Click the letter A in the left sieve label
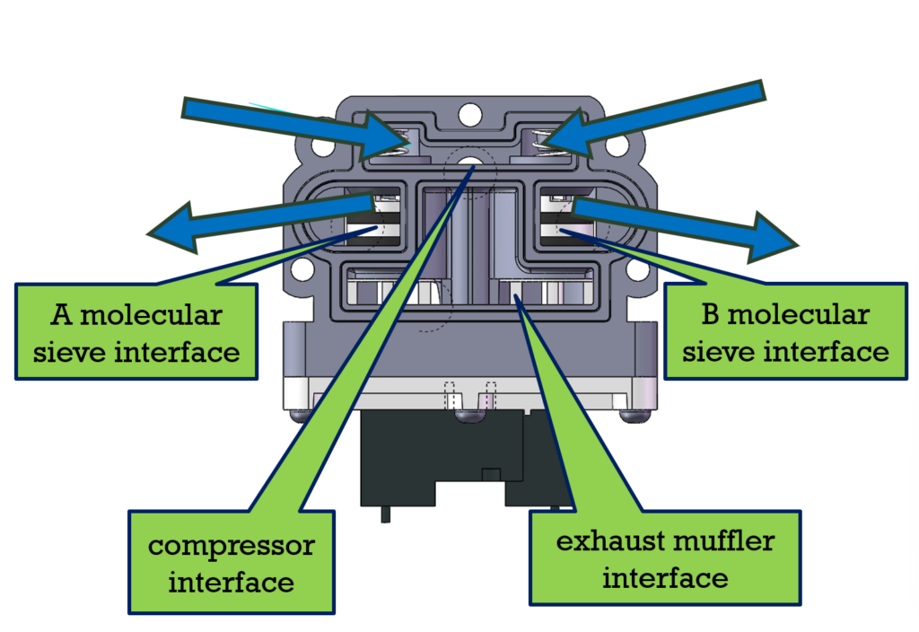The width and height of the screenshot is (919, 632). [60, 316]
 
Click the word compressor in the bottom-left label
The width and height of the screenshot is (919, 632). [232, 546]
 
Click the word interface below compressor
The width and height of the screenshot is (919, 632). [232, 582]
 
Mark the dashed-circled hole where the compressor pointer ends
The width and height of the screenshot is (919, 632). [469, 164]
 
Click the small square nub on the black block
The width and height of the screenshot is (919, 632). [490, 473]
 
